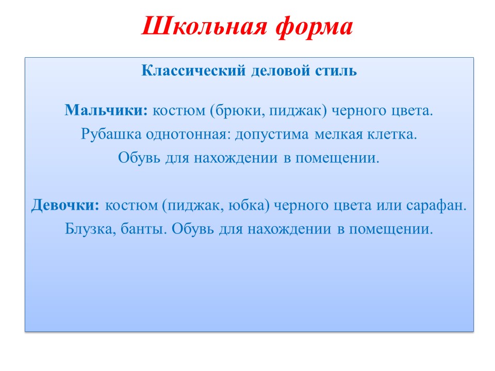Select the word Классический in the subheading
(x=193, y=70)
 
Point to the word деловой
(x=280, y=71)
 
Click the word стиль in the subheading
(x=336, y=71)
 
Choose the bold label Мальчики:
(x=106, y=110)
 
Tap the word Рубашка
(x=111, y=134)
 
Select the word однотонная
(x=188, y=134)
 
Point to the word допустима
(x=272, y=134)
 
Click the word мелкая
(x=339, y=134)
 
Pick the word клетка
(x=392, y=134)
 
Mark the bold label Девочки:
(x=65, y=206)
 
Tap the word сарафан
(x=436, y=206)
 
